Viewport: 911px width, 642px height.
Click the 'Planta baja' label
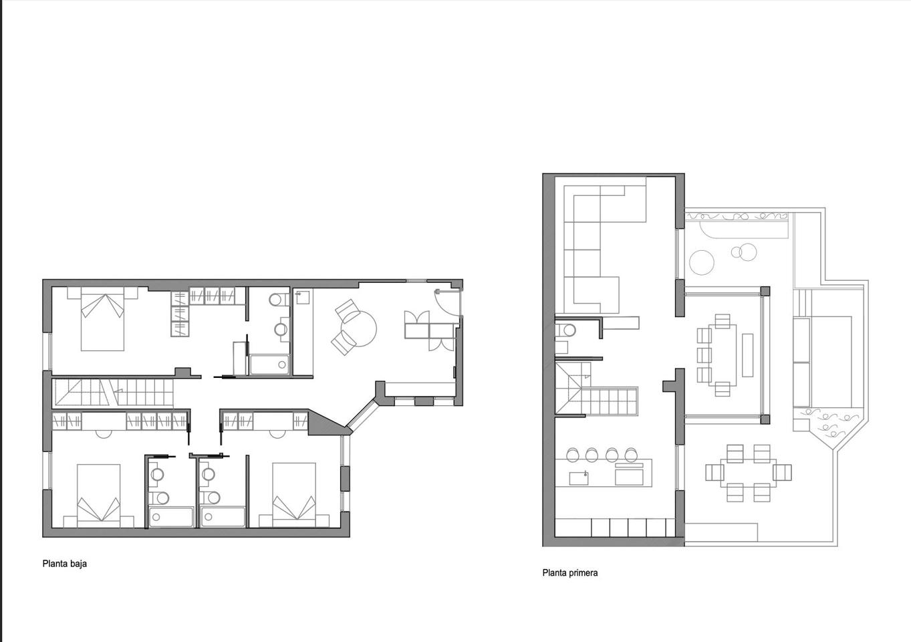coord(65,564)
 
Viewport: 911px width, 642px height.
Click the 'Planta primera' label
coord(569,573)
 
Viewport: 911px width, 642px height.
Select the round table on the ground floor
coord(359,328)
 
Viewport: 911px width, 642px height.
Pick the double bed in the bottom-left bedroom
coord(99,496)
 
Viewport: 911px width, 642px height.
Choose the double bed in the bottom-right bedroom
coord(294,495)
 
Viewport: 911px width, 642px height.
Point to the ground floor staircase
coord(113,392)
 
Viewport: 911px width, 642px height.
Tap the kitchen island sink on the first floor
coord(578,478)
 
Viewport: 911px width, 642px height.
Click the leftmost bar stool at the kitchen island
coord(573,455)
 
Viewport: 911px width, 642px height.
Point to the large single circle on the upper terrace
coord(702,262)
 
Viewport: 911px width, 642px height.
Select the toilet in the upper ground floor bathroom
coord(278,300)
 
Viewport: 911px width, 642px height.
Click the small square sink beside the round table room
coord(303,298)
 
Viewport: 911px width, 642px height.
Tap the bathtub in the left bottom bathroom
coord(171,517)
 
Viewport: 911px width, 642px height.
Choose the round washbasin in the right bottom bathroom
coord(209,474)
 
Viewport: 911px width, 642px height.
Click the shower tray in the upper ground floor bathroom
coord(269,365)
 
